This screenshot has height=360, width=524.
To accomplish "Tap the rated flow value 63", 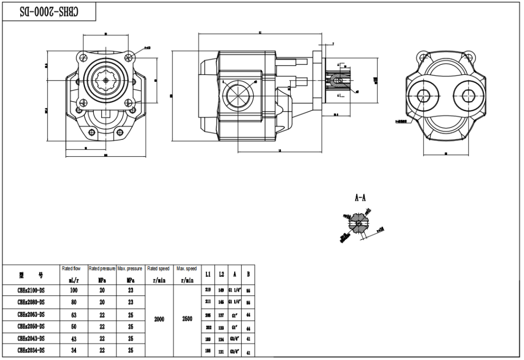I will (74, 314).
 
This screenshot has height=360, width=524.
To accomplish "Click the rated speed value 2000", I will (159, 319).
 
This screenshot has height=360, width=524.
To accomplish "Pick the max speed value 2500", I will (187, 319).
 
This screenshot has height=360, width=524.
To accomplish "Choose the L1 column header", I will (208, 274).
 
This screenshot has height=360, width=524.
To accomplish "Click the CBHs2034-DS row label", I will (31, 351).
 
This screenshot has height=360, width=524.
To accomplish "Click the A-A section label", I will (360, 199).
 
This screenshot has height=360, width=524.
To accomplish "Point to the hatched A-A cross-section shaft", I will (358, 224).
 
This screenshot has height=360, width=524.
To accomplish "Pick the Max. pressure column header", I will (129, 268).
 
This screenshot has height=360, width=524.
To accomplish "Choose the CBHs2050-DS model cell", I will (31, 326).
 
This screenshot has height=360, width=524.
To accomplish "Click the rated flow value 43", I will (74, 339).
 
